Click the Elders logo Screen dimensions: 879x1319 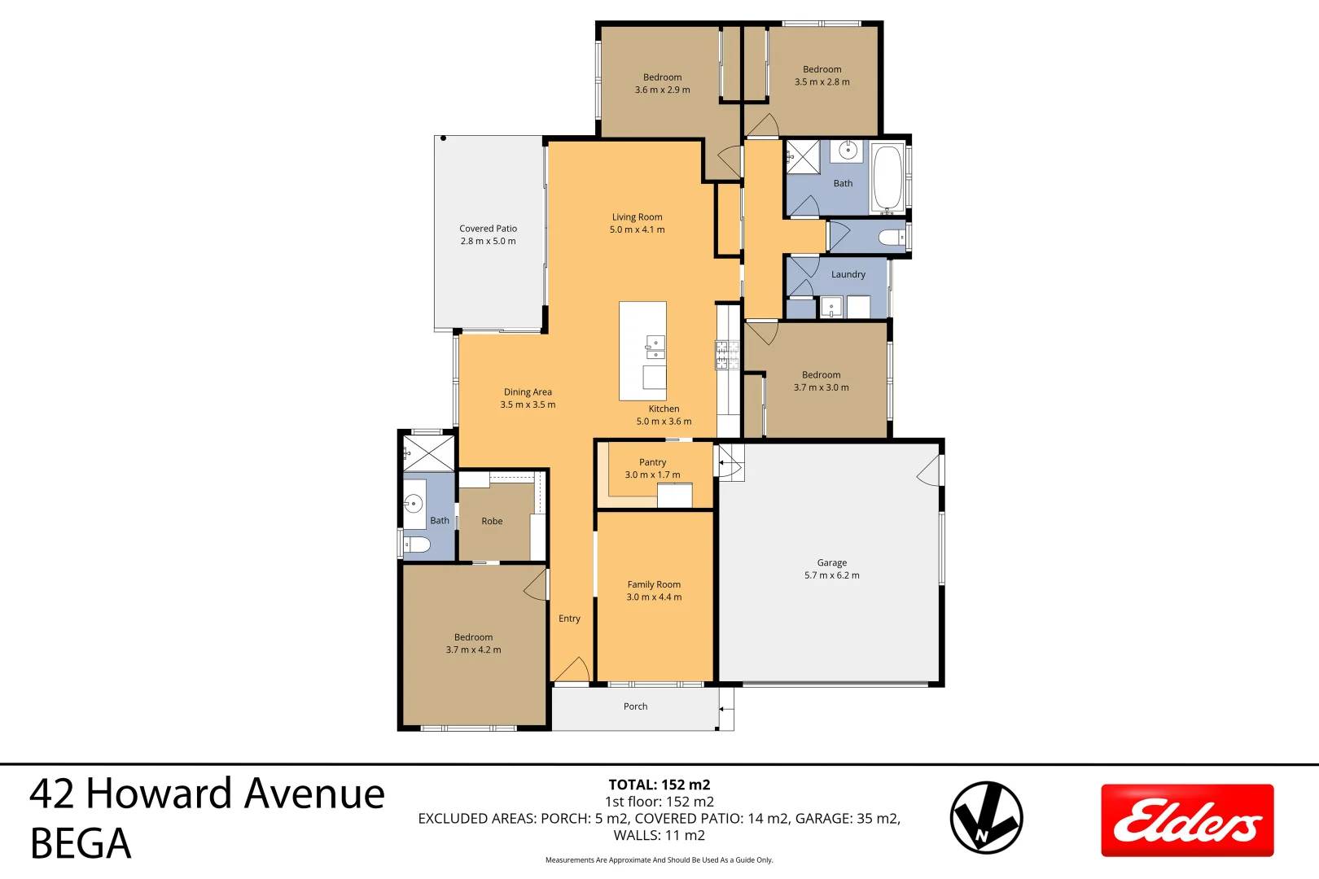[1187, 820]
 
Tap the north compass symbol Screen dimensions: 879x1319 [986, 817]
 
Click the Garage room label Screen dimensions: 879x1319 [831, 562]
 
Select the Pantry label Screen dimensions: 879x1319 [652, 462]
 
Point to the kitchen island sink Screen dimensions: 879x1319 [655, 348]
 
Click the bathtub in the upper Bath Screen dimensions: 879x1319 [887, 177]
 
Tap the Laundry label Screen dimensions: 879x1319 [848, 274]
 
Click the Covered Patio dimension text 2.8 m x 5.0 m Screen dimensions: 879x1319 [488, 241]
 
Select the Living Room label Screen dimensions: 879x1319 [637, 217]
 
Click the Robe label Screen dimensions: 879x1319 [492, 521]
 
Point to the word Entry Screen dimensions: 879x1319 [569, 619]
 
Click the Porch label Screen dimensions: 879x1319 [635, 706]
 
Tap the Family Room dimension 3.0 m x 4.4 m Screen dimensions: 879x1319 [654, 597]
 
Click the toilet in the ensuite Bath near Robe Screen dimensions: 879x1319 [417, 544]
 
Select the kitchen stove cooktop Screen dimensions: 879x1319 [726, 354]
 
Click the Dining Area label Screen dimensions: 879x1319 [528, 392]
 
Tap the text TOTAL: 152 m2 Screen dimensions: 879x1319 [659, 785]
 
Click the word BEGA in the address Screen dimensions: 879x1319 [81, 843]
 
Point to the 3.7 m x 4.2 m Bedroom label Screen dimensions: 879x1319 [473, 644]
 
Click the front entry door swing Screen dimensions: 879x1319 [572, 671]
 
